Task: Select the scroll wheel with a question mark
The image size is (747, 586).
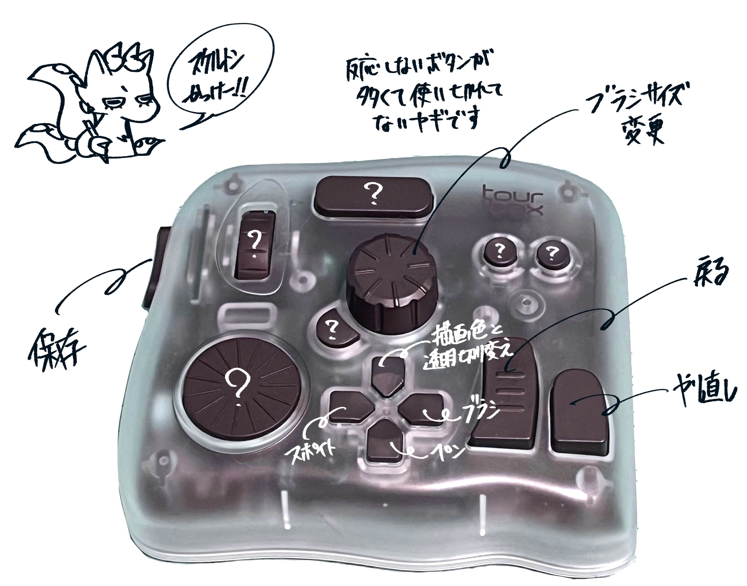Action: (x=255, y=244)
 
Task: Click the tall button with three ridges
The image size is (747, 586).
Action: (x=508, y=395)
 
